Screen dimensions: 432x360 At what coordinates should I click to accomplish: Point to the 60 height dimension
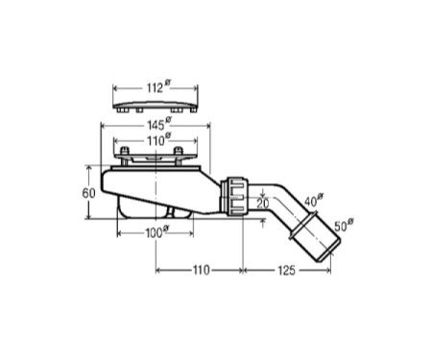(x=88, y=193)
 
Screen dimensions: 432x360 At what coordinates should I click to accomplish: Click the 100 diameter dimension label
(x=157, y=232)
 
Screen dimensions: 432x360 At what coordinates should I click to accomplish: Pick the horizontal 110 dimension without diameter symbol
(x=201, y=271)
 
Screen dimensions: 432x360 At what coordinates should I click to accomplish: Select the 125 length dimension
(x=286, y=271)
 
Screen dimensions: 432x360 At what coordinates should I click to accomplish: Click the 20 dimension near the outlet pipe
(x=263, y=204)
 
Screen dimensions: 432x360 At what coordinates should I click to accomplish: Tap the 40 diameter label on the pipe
(x=313, y=201)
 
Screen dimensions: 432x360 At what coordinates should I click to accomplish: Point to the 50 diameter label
(x=344, y=225)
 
